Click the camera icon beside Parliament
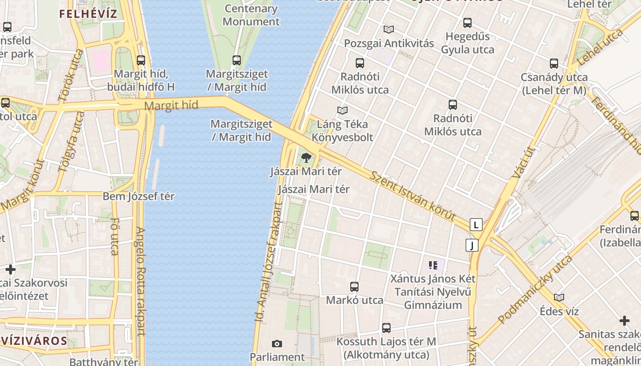coord(277,344)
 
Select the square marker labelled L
coord(476,225)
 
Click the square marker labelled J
coord(472,245)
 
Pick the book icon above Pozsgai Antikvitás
coord(389,30)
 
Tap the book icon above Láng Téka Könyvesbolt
coord(342,110)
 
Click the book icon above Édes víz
coord(559,298)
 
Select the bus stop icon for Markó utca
coord(354,287)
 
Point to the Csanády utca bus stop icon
coord(554,64)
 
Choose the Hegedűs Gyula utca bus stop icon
coord(467,23)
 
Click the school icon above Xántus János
coord(433,265)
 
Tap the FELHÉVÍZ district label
coord(88,14)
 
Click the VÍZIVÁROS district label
coord(34,341)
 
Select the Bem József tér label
coord(139,197)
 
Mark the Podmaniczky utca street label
coord(535,289)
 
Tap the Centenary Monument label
coord(251,15)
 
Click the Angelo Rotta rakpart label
coord(140,281)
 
